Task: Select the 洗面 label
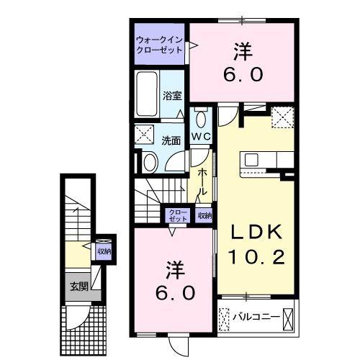(x=170, y=140)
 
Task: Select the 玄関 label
(x=78, y=286)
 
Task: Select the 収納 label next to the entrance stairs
(x=104, y=251)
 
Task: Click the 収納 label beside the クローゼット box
(x=204, y=215)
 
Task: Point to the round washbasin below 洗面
(x=150, y=161)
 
